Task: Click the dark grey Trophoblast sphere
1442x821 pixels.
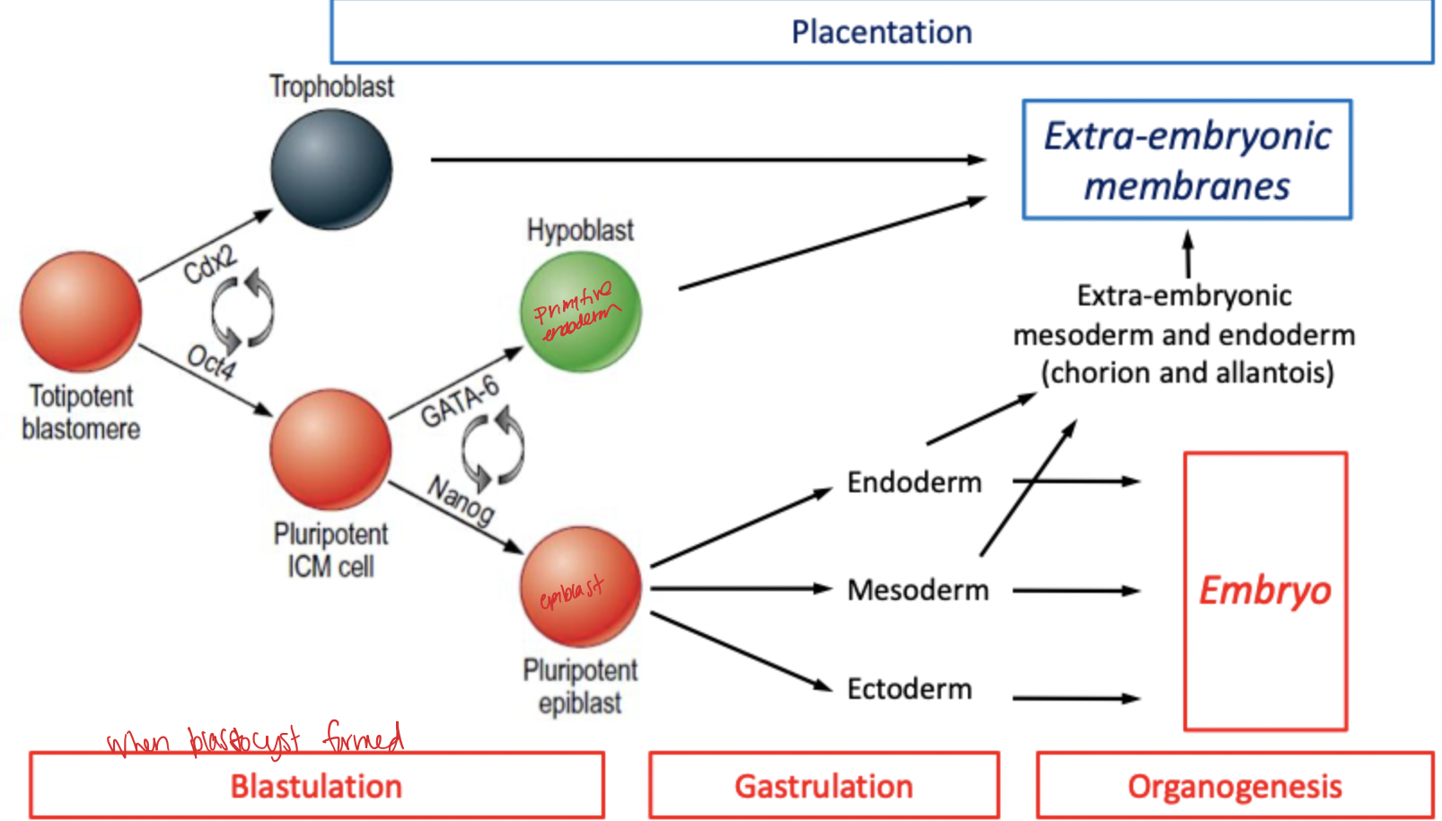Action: (331, 169)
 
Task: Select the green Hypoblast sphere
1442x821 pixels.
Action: (581, 312)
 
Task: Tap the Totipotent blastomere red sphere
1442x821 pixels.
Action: (81, 312)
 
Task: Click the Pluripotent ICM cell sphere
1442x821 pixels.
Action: (330, 449)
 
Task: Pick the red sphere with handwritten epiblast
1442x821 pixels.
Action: (581, 587)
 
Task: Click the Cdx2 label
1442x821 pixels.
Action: (209, 264)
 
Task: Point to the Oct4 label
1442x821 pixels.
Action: (212, 362)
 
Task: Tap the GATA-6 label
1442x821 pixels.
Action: (459, 402)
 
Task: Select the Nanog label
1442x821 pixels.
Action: (461, 499)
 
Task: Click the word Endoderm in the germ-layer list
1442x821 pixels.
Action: (914, 482)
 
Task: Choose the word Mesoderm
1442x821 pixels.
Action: (918, 590)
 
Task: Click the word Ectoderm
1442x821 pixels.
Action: (910, 689)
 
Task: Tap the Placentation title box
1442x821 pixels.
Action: (881, 32)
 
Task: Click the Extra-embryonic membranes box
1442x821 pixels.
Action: (1186, 160)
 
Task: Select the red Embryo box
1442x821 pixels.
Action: (1264, 590)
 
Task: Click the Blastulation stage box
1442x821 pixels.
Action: (316, 786)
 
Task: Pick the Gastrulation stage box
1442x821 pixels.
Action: (823, 786)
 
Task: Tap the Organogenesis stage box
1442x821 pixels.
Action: (1235, 786)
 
